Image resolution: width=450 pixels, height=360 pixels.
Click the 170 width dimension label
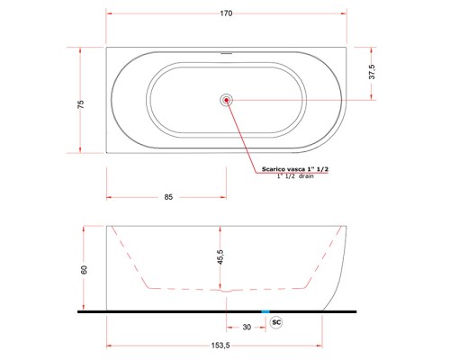(x=226, y=13)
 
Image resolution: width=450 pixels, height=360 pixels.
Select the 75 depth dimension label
(x=81, y=104)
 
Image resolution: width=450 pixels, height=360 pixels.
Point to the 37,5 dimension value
(x=372, y=72)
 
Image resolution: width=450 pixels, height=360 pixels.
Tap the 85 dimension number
(x=168, y=197)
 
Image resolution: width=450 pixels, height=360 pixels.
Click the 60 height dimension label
(x=85, y=270)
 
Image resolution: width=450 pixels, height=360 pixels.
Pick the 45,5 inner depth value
(x=220, y=257)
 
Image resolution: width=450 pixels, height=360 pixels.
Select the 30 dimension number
(x=247, y=327)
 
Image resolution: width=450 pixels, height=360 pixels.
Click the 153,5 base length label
(x=220, y=346)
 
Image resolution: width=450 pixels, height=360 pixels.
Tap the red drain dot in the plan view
(x=226, y=100)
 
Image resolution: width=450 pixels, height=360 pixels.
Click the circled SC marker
(x=276, y=322)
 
